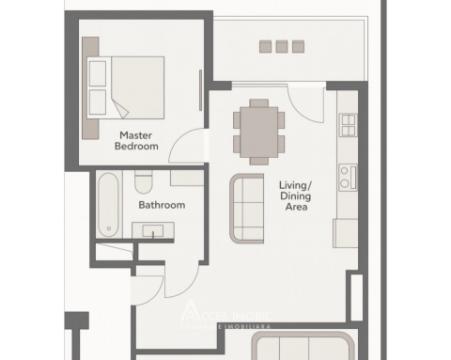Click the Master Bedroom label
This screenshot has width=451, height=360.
pyautogui.click(x=137, y=140)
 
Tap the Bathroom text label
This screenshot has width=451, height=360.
pyautogui.click(x=161, y=205)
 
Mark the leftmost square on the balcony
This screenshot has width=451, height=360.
pyautogui.click(x=265, y=46)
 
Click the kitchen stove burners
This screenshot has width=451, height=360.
pyautogui.click(x=347, y=178)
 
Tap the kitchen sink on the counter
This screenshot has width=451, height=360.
pyautogui.click(x=348, y=126)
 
